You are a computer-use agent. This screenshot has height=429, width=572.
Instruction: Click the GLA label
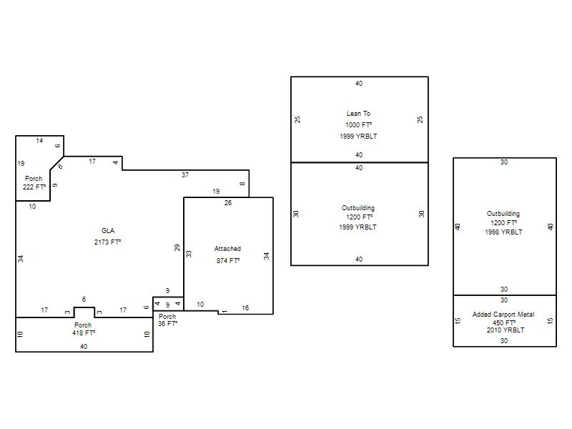click(108, 230)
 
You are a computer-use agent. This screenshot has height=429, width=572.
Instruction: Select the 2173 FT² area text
click(108, 242)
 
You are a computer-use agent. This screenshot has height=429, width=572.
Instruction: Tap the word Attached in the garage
click(227, 249)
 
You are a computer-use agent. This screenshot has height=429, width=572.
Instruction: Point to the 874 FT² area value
click(228, 260)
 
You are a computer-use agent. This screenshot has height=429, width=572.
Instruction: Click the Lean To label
click(359, 114)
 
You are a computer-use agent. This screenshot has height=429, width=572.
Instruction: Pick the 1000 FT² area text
click(359, 124)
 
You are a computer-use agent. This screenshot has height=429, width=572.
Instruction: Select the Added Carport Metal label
click(503, 315)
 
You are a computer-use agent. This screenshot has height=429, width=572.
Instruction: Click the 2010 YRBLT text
click(506, 330)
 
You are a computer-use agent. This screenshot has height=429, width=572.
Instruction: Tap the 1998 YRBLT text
click(504, 232)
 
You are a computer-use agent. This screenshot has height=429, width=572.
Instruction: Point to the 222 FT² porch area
click(34, 187)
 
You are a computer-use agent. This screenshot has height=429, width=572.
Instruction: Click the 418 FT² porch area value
click(84, 332)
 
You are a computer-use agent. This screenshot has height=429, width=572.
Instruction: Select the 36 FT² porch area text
click(168, 324)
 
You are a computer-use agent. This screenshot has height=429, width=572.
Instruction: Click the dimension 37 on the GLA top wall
click(185, 175)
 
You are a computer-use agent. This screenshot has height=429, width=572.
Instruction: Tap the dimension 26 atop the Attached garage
click(228, 203)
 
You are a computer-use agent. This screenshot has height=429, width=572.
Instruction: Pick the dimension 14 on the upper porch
click(39, 140)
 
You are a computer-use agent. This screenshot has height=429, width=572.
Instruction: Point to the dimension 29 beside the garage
click(177, 247)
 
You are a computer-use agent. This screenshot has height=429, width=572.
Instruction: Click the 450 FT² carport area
click(504, 323)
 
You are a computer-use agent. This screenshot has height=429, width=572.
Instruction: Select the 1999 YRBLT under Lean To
click(359, 136)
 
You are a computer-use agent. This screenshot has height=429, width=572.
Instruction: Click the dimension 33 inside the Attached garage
click(189, 254)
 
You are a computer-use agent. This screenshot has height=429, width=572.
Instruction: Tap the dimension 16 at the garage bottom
click(245, 308)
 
